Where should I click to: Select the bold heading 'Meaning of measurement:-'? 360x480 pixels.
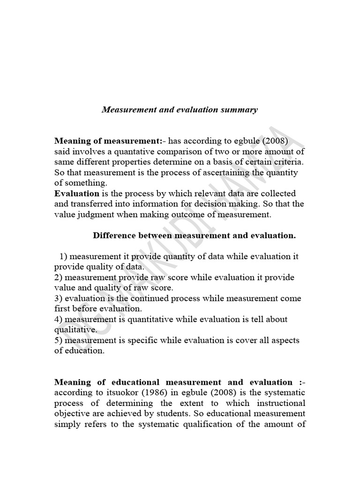[110, 141]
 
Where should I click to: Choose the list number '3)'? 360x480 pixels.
[59, 298]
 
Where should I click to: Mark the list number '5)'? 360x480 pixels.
[59, 340]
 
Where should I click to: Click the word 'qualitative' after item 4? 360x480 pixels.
[75, 330]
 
